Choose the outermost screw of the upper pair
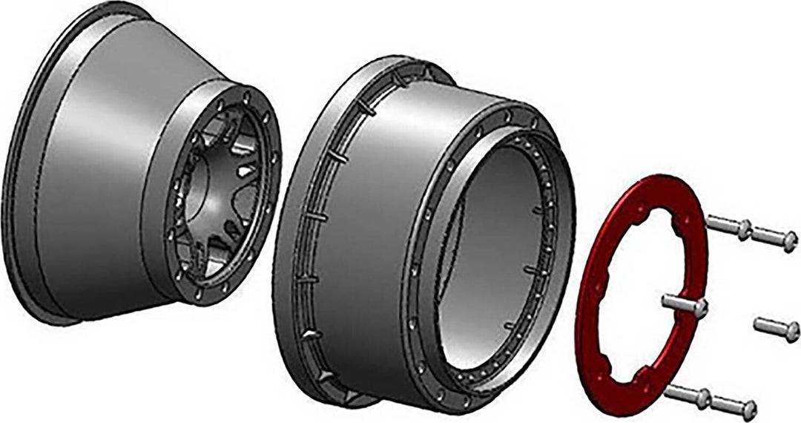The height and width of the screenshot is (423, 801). [775, 239]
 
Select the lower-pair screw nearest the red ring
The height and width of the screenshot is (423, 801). [686, 395]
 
